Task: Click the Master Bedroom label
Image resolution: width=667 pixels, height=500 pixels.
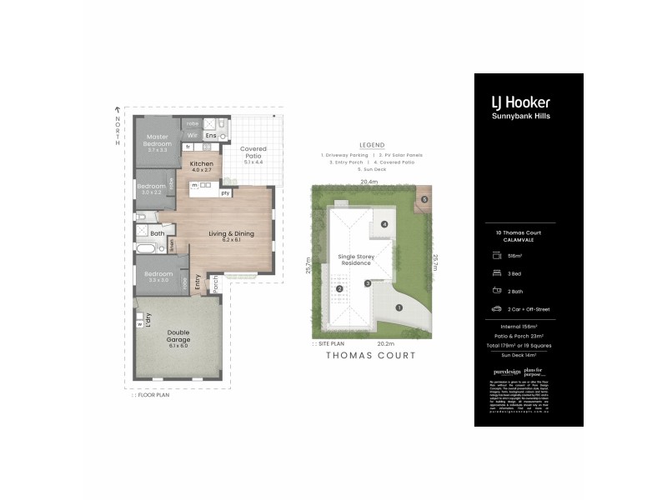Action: tap(158, 140)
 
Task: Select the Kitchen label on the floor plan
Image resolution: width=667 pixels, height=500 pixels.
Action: tap(202, 164)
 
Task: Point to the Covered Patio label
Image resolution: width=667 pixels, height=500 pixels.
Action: tap(253, 150)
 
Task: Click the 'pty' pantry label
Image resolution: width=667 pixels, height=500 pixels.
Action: tap(225, 193)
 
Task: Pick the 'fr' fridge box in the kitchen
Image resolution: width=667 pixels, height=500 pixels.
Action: tap(188, 147)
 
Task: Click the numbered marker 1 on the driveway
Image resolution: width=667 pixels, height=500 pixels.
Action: tap(399, 307)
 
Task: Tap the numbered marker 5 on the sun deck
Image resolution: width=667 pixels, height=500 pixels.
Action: tap(424, 199)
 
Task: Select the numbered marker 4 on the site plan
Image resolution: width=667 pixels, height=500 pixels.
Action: tap(384, 224)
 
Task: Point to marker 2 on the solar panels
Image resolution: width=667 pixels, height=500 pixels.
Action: tap(340, 289)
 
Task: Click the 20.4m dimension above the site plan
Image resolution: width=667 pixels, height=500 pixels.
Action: tap(369, 181)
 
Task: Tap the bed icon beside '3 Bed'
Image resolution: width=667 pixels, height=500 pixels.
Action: tap(497, 272)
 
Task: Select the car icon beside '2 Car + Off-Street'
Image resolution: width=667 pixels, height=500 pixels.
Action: tap(497, 308)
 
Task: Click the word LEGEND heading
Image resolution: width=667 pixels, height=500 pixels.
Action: tap(372, 145)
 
